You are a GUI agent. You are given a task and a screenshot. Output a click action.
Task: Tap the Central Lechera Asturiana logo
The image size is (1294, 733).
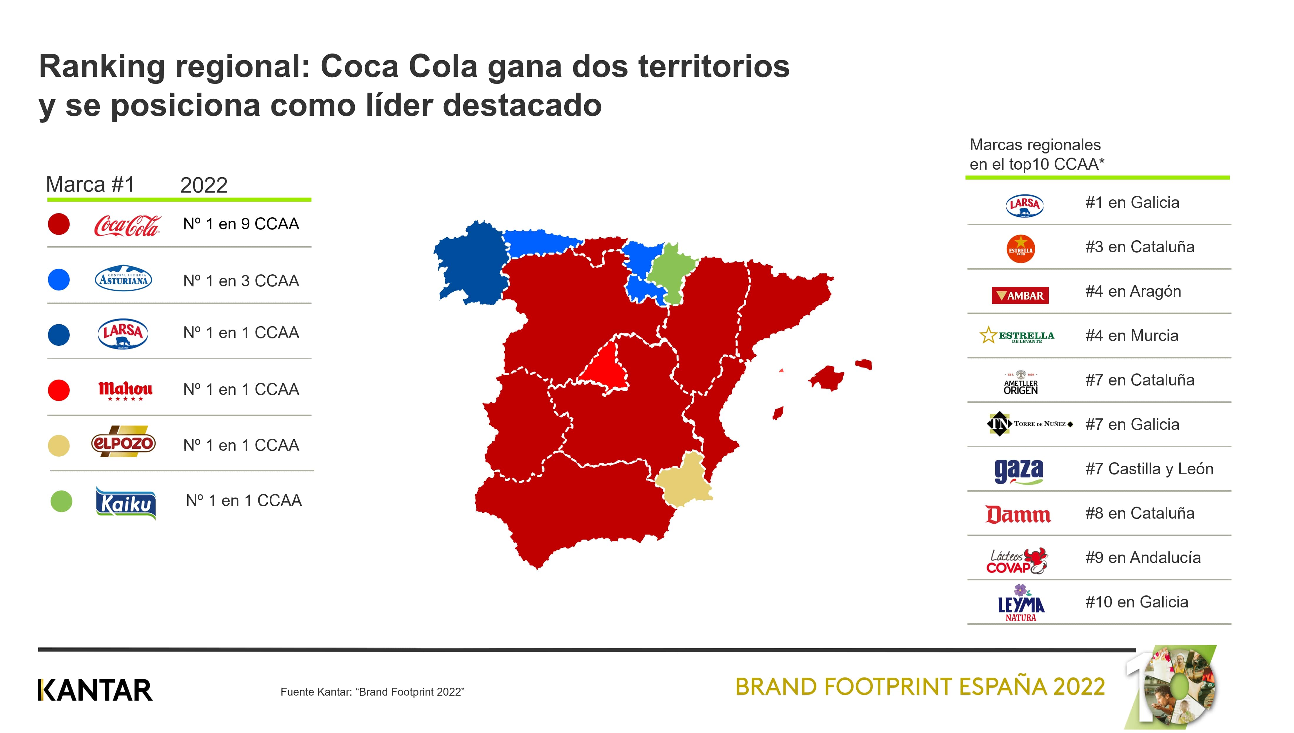click(123, 279)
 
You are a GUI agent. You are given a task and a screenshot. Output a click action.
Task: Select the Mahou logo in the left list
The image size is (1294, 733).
click(125, 390)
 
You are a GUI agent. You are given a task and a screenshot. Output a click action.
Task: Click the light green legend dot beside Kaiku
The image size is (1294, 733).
click(61, 501)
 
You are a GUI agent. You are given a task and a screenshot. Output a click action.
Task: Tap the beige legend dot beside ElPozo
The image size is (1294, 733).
click(59, 445)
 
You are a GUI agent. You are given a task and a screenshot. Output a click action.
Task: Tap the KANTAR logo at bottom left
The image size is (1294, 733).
click(95, 690)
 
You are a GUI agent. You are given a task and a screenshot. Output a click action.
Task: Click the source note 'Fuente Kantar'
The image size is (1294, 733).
click(372, 692)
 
